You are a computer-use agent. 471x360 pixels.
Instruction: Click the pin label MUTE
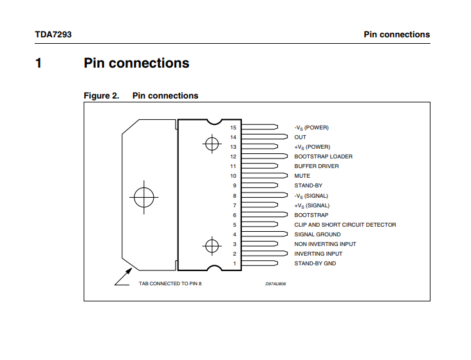(302, 176)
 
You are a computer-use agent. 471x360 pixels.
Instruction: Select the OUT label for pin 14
(300, 137)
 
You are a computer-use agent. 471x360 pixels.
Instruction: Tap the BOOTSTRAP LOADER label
(323, 156)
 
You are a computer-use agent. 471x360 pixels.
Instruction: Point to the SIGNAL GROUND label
(317, 234)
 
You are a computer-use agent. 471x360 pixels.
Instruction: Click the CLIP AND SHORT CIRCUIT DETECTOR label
(345, 225)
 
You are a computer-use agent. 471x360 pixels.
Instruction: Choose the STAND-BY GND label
(315, 263)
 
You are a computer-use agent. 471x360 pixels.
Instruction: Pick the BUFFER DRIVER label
(317, 166)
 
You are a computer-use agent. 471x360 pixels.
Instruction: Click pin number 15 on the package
(233, 128)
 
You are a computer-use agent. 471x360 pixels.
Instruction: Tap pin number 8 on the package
(235, 196)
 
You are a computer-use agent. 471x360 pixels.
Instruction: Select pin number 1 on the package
(235, 263)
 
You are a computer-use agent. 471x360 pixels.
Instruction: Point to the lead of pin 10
(264, 175)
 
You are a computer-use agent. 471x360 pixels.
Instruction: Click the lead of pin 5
(259, 224)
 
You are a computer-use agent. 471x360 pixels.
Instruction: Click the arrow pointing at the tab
(124, 277)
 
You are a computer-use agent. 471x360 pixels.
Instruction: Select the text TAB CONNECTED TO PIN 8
(170, 283)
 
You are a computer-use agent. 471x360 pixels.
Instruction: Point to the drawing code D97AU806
(275, 284)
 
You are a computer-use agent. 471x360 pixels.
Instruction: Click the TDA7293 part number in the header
(53, 35)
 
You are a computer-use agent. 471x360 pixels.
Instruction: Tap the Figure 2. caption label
(101, 96)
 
